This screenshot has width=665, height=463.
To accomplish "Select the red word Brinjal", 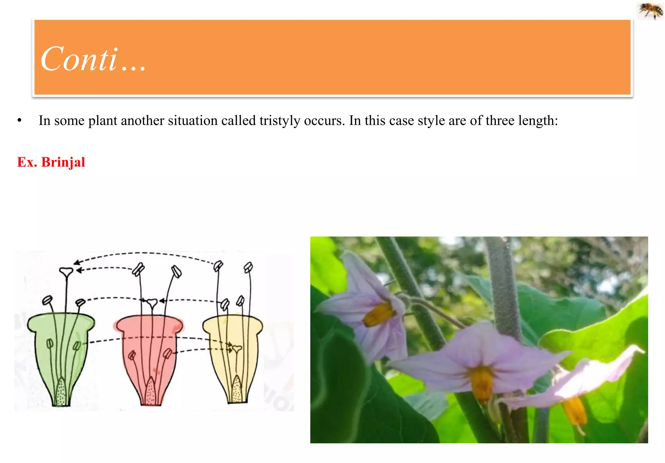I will click(63, 162).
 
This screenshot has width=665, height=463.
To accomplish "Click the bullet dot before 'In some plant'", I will click(19, 121).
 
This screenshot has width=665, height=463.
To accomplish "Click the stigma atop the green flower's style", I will click(66, 271).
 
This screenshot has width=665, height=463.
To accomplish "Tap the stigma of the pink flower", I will click(152, 303).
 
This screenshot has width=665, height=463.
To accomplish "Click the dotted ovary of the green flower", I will click(61, 392).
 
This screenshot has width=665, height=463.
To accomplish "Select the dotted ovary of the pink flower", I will click(150, 392).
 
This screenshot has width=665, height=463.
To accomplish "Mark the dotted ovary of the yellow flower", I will click(237, 390).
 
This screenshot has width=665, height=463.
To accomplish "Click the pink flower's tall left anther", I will click(138, 269).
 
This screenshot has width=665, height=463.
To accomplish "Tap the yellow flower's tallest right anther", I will click(248, 267).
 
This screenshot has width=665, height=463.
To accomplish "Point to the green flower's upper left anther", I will click(47, 300).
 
